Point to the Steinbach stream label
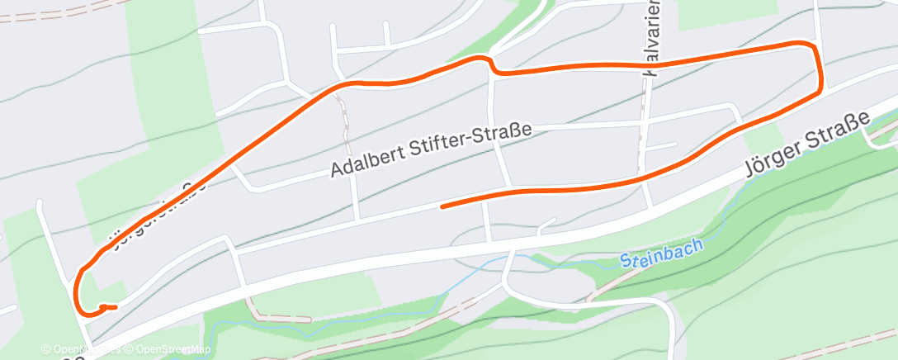[661, 252]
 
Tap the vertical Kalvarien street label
[651, 37]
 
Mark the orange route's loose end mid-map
[443, 206]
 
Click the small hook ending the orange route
[107, 307]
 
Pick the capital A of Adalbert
[337, 170]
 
